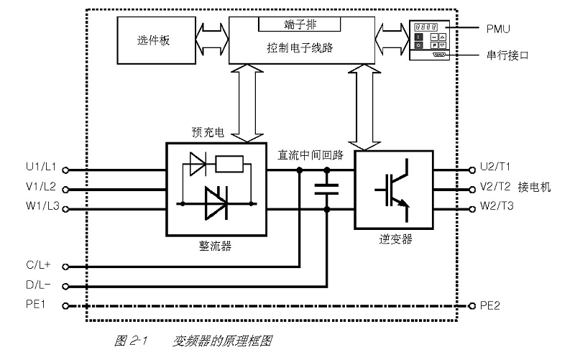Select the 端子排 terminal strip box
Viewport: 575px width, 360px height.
click(300, 24)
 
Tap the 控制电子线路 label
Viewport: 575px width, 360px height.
click(300, 47)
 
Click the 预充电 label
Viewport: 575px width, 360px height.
click(208, 132)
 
